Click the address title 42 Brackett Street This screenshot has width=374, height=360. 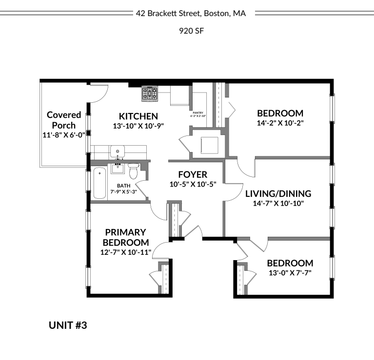(x=191, y=14)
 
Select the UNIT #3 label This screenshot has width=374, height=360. (x=68, y=325)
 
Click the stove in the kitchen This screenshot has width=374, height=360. (x=149, y=94)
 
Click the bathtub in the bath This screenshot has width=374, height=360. (x=99, y=183)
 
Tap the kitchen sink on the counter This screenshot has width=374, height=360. (x=117, y=151)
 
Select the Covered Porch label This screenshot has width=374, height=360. (x=64, y=120)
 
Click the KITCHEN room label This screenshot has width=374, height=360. (x=138, y=116)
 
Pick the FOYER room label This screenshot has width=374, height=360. (x=193, y=174)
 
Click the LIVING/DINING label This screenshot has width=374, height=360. (x=278, y=193)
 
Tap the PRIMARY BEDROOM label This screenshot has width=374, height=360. (x=126, y=237)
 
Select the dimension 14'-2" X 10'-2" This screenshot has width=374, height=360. (x=280, y=123)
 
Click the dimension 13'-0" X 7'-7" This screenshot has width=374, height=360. (x=290, y=273)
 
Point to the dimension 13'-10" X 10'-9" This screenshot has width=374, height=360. (x=138, y=126)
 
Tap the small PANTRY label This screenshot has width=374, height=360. (x=197, y=112)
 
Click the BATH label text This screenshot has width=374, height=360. (x=123, y=186)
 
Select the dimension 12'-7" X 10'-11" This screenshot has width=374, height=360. (x=126, y=252)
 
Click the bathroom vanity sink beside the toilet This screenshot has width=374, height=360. (x=118, y=169)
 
